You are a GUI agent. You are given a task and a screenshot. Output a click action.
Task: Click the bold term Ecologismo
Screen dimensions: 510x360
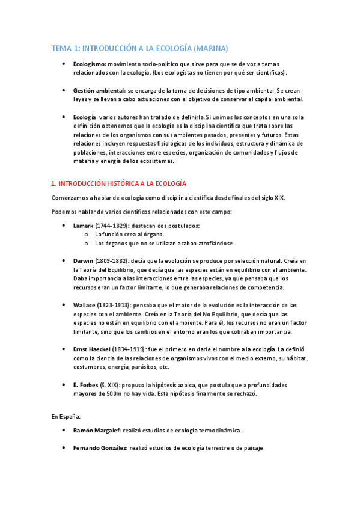(90, 64)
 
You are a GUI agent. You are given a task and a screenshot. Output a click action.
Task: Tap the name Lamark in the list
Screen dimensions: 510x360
(83, 225)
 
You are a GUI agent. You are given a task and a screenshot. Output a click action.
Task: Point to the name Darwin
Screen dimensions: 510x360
(83, 261)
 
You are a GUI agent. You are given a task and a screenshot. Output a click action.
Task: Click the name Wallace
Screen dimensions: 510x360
(84, 305)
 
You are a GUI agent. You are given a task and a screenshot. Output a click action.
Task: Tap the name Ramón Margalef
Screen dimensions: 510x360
(97, 431)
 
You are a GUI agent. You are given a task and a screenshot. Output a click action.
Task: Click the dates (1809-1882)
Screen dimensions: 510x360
(113, 261)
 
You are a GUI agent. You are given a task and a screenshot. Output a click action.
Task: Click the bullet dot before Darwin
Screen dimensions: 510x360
(64, 261)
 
